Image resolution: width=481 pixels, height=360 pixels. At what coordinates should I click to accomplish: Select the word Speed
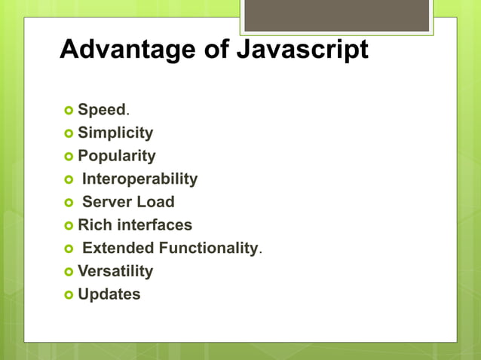(x=101, y=110)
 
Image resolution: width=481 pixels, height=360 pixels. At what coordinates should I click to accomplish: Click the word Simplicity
(x=115, y=133)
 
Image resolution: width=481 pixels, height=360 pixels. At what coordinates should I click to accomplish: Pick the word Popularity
(x=117, y=156)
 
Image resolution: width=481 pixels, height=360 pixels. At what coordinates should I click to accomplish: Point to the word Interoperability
(x=139, y=179)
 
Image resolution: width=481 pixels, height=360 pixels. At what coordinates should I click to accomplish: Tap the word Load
(x=156, y=202)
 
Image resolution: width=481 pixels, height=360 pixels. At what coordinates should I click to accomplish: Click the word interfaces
(x=155, y=225)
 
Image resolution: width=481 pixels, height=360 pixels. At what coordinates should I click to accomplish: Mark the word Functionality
(x=208, y=248)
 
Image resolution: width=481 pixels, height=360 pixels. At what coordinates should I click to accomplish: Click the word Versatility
(x=115, y=271)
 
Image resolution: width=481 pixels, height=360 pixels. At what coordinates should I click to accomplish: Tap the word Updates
(x=109, y=294)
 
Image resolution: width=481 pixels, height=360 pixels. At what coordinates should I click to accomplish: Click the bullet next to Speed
(x=69, y=111)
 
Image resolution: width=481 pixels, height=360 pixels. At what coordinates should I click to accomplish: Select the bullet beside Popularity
(x=69, y=157)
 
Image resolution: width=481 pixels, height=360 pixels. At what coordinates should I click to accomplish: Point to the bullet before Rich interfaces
(x=69, y=225)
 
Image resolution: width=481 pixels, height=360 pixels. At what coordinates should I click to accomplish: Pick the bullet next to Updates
(x=69, y=294)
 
